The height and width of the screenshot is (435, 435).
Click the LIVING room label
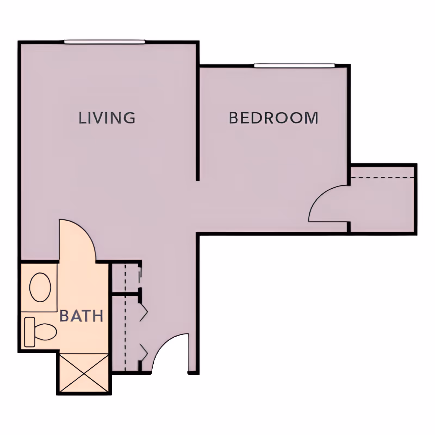coord(107,118)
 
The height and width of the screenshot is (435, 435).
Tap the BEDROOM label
coord(274,118)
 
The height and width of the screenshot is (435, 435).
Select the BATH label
coord(81,316)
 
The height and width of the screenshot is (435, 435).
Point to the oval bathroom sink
coord(40,287)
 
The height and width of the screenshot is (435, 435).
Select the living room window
coord(104,42)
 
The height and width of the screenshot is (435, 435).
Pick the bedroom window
coord(294,66)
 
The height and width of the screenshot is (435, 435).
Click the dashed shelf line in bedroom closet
coord(382,178)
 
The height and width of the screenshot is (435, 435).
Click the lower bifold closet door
coord(144,353)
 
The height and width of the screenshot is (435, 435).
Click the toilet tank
coord(30,332)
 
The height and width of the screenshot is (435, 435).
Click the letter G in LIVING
coord(129,118)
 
